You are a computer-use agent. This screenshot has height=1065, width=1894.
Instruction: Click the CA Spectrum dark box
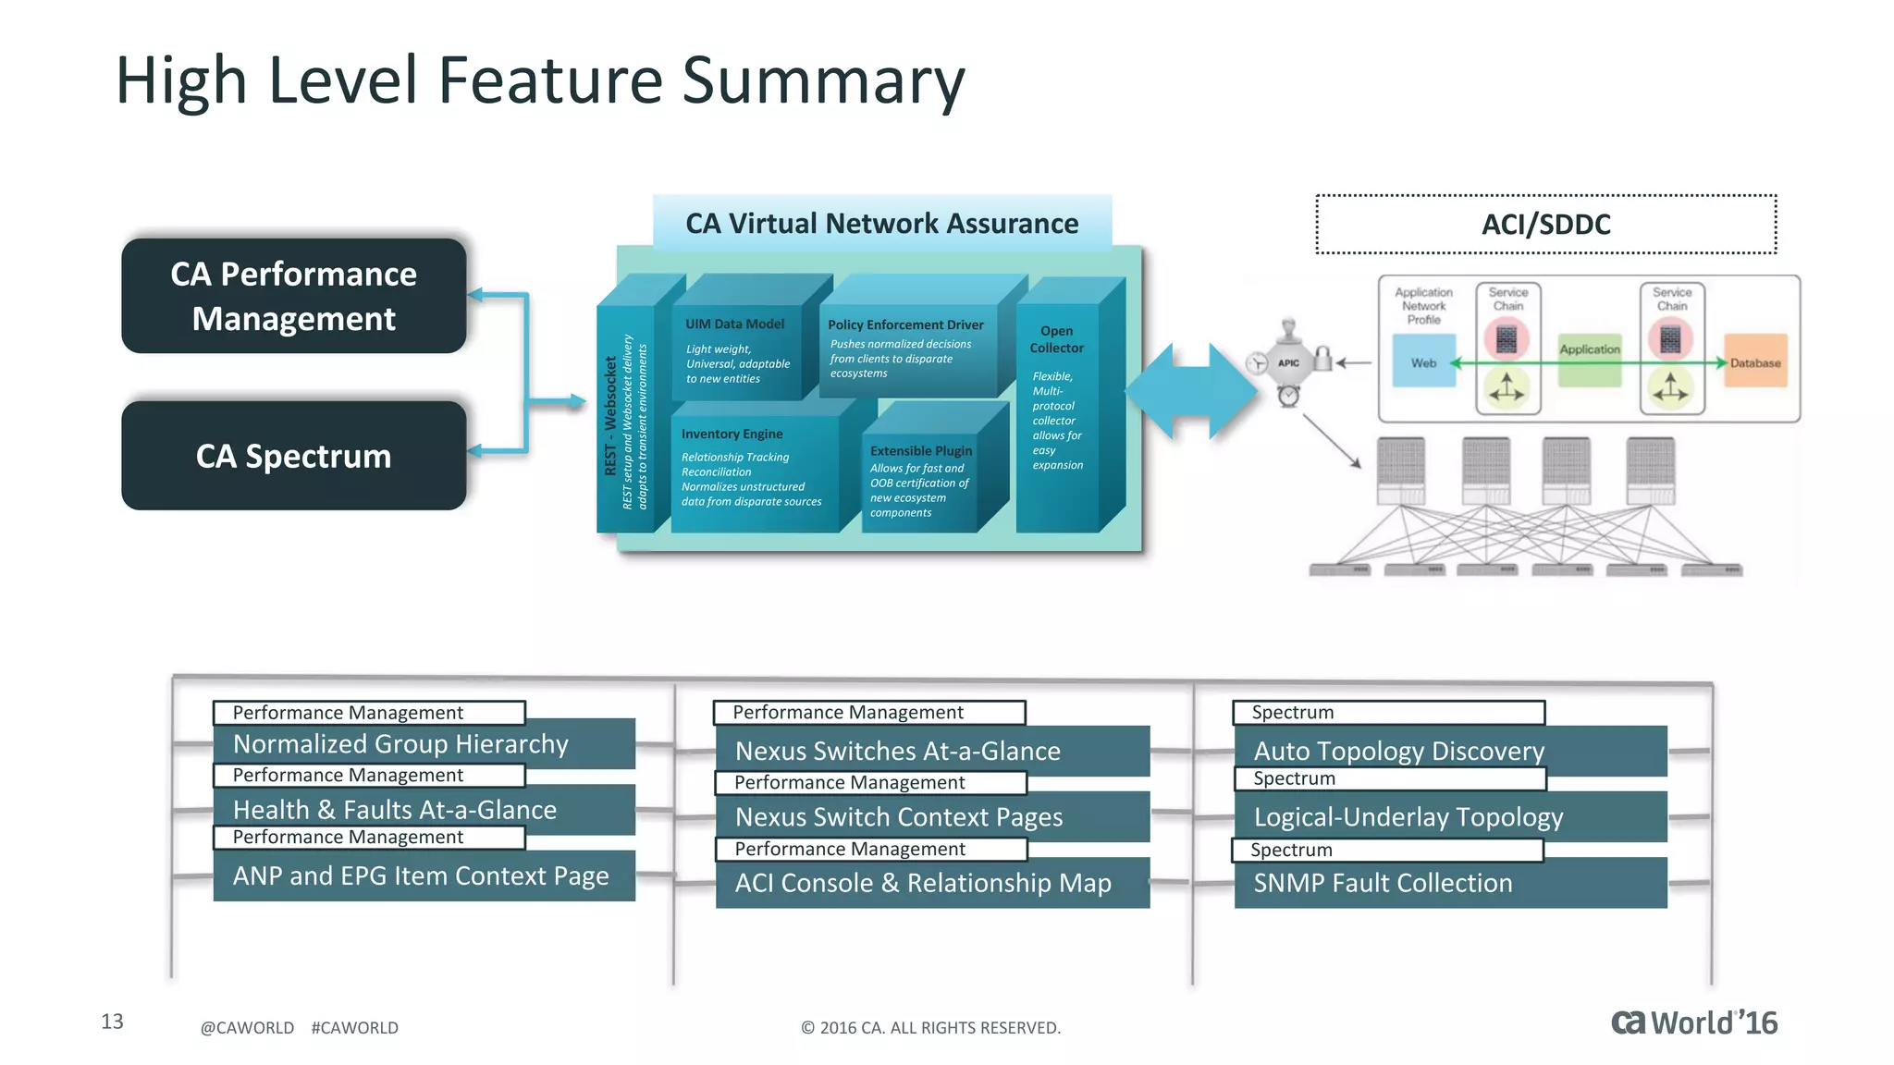(x=293, y=456)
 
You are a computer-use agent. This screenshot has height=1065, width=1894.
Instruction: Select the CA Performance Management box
(x=293, y=296)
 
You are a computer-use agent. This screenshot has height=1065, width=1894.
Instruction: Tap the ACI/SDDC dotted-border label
(x=1545, y=224)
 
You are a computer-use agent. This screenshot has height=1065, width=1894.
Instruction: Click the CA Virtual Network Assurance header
(x=881, y=223)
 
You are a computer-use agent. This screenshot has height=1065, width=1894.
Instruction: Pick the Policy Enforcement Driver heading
(x=905, y=324)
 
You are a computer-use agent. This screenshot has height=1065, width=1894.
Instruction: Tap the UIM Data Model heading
(x=734, y=324)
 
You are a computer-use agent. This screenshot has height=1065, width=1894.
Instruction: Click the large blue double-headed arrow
(x=1191, y=391)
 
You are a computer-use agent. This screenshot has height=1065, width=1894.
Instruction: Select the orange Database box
(x=1754, y=362)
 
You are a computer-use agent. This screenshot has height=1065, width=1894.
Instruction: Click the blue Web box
(x=1423, y=362)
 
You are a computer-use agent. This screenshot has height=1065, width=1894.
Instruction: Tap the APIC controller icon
(x=1289, y=362)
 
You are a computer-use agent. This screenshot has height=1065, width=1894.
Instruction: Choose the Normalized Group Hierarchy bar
(x=424, y=743)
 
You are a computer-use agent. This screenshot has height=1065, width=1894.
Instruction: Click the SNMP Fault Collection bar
(x=1449, y=883)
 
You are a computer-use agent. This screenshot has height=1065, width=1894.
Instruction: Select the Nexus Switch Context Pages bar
(x=931, y=817)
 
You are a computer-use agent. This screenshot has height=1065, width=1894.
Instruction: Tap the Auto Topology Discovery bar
(x=1449, y=751)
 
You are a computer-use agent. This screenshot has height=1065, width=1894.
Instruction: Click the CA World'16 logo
(x=1693, y=1022)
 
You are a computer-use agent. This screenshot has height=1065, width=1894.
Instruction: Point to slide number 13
(x=112, y=1022)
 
